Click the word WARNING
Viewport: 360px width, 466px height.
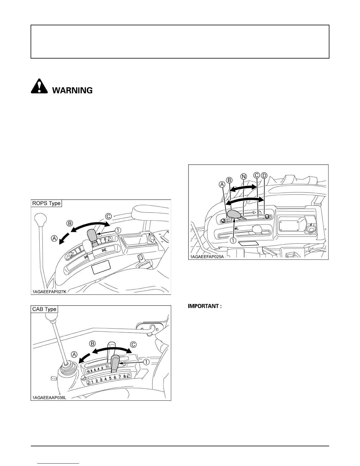click(x=72, y=90)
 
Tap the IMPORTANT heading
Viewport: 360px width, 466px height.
click(x=205, y=306)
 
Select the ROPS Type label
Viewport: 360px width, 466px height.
click(x=46, y=203)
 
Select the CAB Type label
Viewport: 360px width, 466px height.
click(x=44, y=309)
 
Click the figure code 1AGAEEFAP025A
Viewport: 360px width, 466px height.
click(x=207, y=257)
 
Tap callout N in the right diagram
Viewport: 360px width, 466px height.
click(x=244, y=176)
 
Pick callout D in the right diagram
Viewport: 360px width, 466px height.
click(x=264, y=176)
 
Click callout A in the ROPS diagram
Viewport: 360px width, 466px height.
click(x=54, y=239)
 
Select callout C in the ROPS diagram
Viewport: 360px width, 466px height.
click(x=108, y=217)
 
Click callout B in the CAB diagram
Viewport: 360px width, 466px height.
click(x=92, y=344)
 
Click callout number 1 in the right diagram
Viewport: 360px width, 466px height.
click(x=233, y=240)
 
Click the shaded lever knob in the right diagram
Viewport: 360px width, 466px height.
click(x=235, y=214)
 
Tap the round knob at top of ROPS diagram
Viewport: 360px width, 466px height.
click(x=41, y=219)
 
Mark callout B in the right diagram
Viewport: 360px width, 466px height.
click(x=229, y=180)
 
